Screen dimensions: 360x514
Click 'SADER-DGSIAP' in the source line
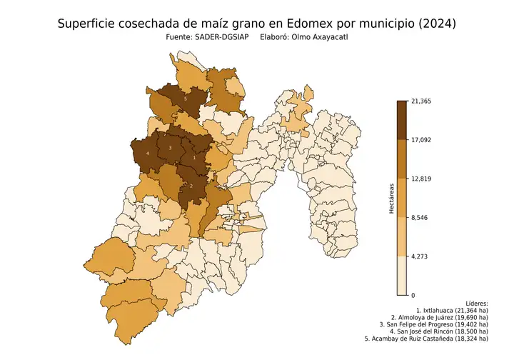(218, 40)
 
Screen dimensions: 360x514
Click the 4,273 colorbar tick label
(422, 256)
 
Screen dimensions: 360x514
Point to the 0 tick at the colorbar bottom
(413, 295)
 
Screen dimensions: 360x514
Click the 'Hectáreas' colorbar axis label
(392, 198)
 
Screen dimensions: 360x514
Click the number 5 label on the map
(186, 99)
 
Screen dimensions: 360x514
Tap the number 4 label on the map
(147, 154)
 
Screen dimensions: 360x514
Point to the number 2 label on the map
(191, 186)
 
